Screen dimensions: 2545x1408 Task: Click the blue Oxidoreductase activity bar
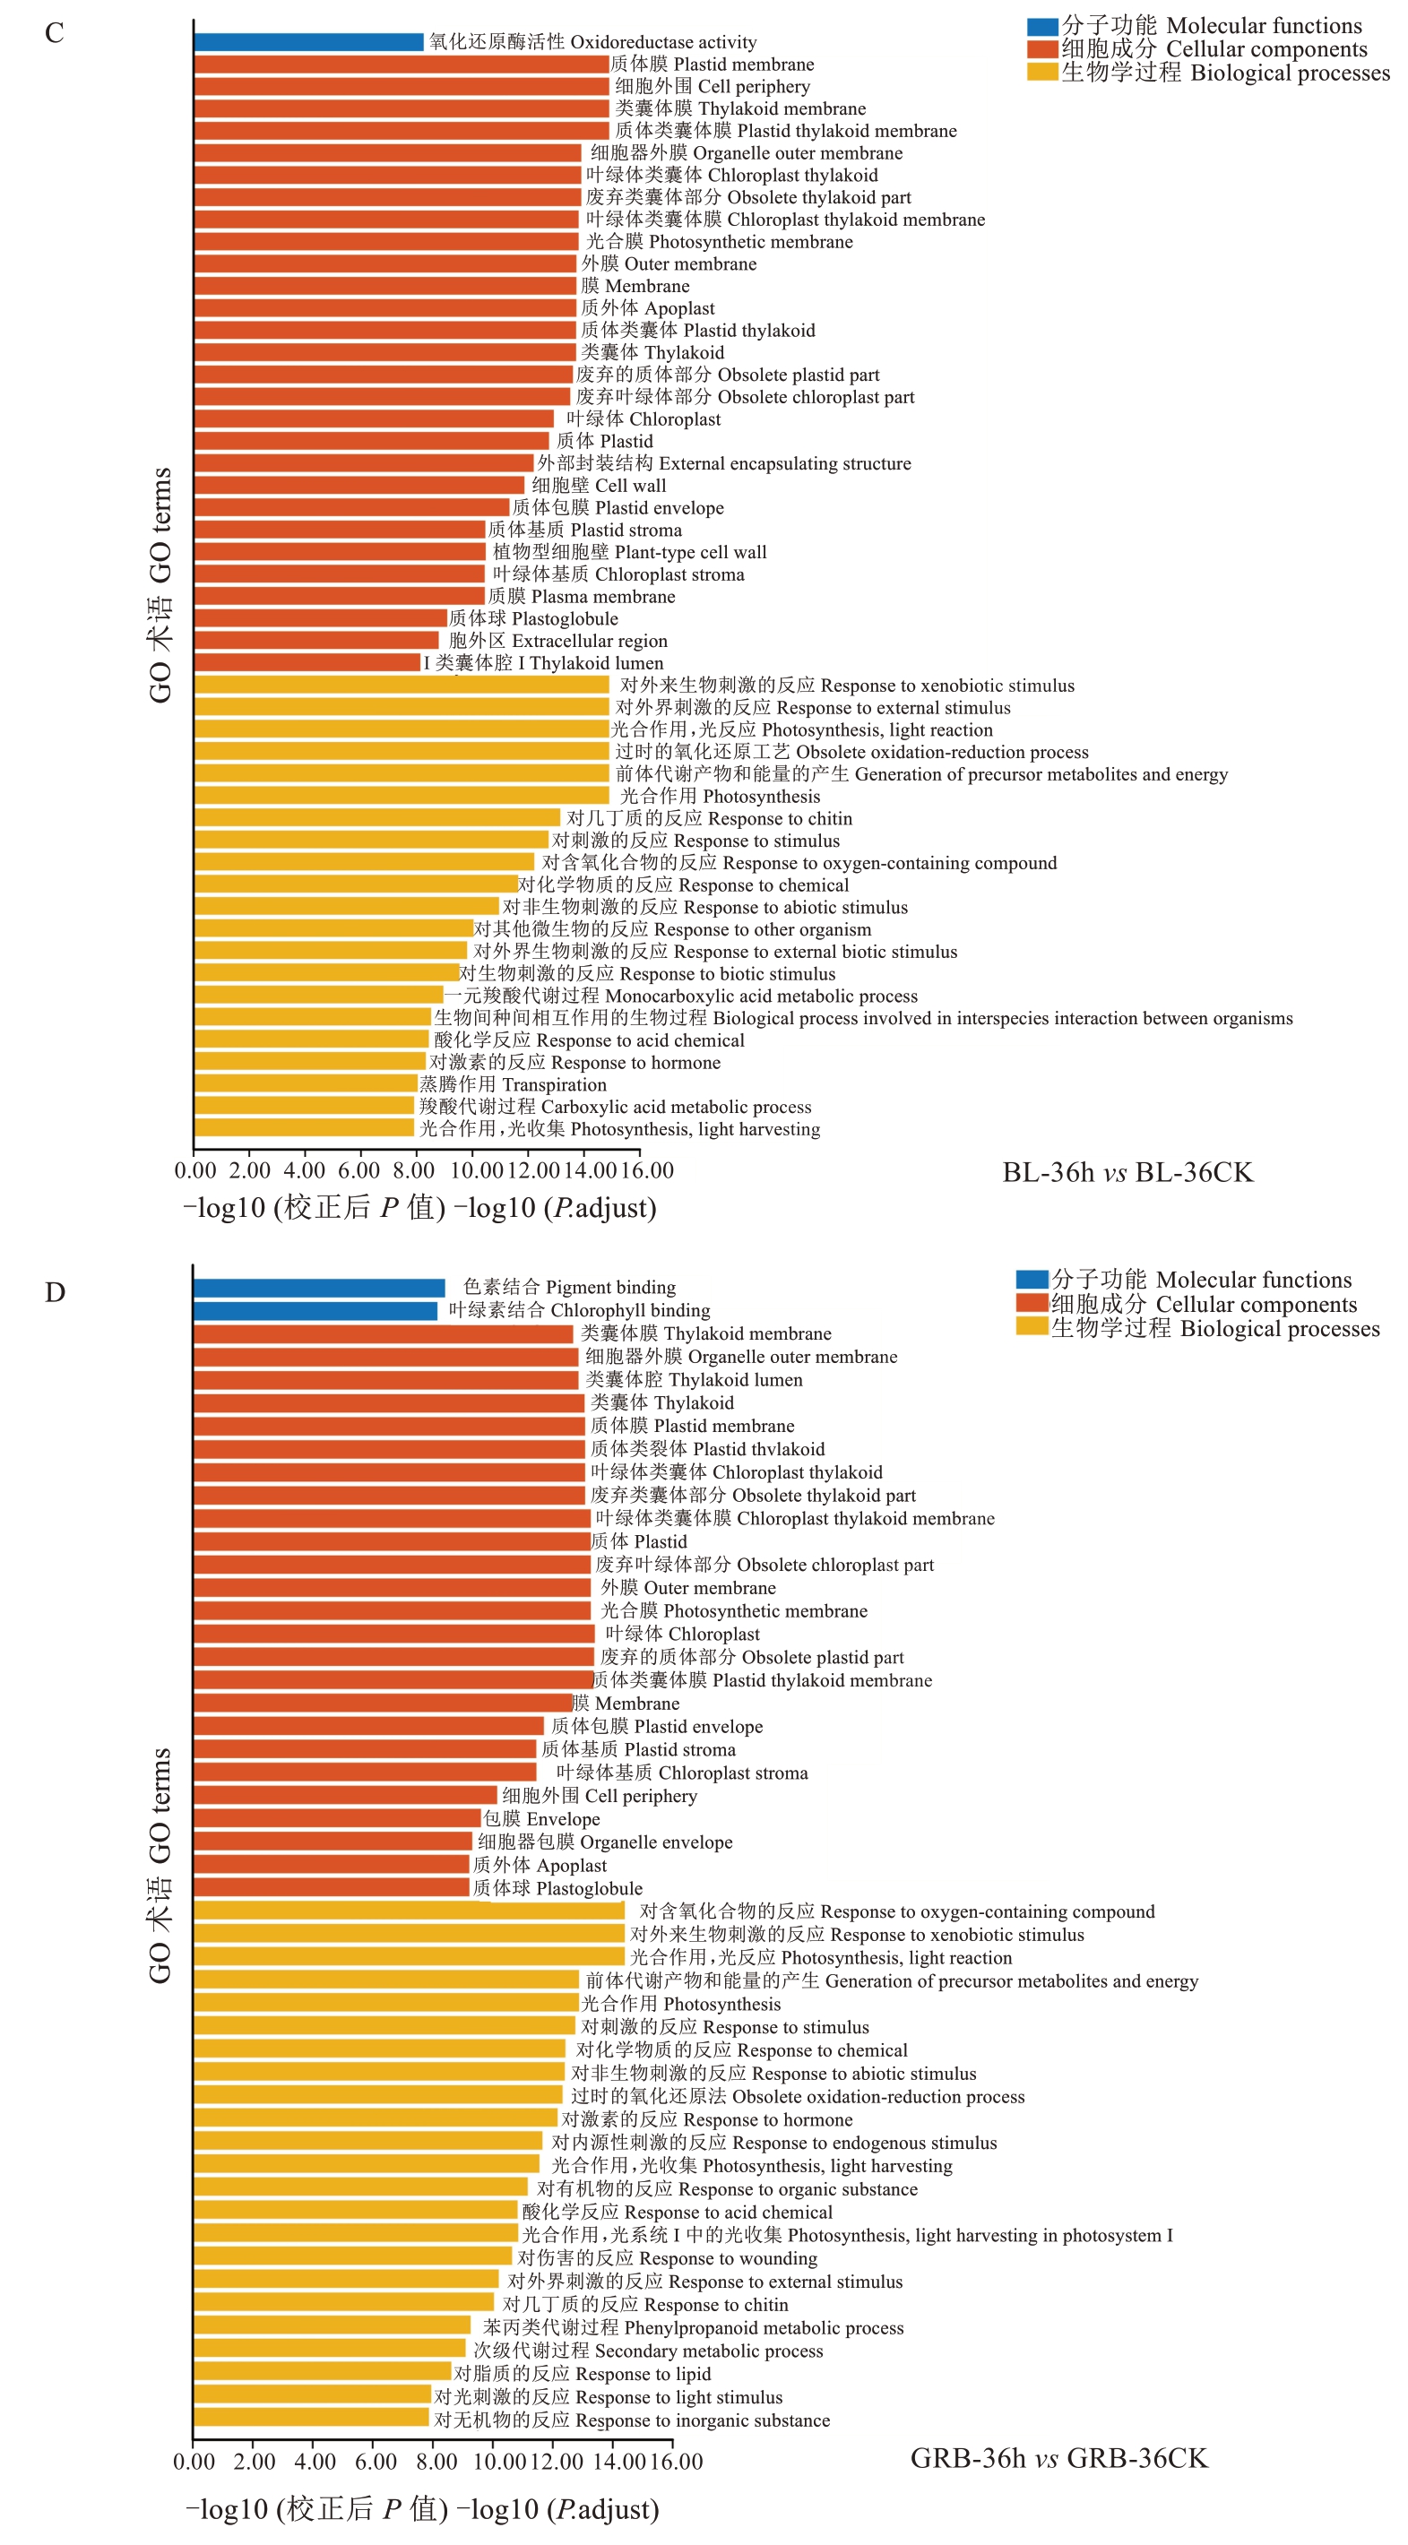point(308,41)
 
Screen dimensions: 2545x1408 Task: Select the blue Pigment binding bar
point(318,1288)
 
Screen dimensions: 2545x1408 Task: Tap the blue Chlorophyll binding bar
point(315,1311)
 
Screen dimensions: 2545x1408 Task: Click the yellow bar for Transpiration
point(306,1083)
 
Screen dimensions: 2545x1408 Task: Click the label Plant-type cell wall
point(629,552)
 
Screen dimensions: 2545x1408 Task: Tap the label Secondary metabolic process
point(648,2351)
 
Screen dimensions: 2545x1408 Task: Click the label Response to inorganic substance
point(633,2420)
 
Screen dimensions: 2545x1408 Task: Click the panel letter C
point(55,32)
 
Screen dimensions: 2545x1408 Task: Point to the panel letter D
point(55,1292)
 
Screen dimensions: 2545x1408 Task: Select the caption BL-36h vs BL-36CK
point(1127,1173)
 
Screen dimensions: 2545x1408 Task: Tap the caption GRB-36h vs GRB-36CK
point(1058,2458)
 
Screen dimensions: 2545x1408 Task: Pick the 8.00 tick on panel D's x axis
point(436,2461)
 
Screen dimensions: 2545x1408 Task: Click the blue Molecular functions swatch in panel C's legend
point(1041,27)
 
